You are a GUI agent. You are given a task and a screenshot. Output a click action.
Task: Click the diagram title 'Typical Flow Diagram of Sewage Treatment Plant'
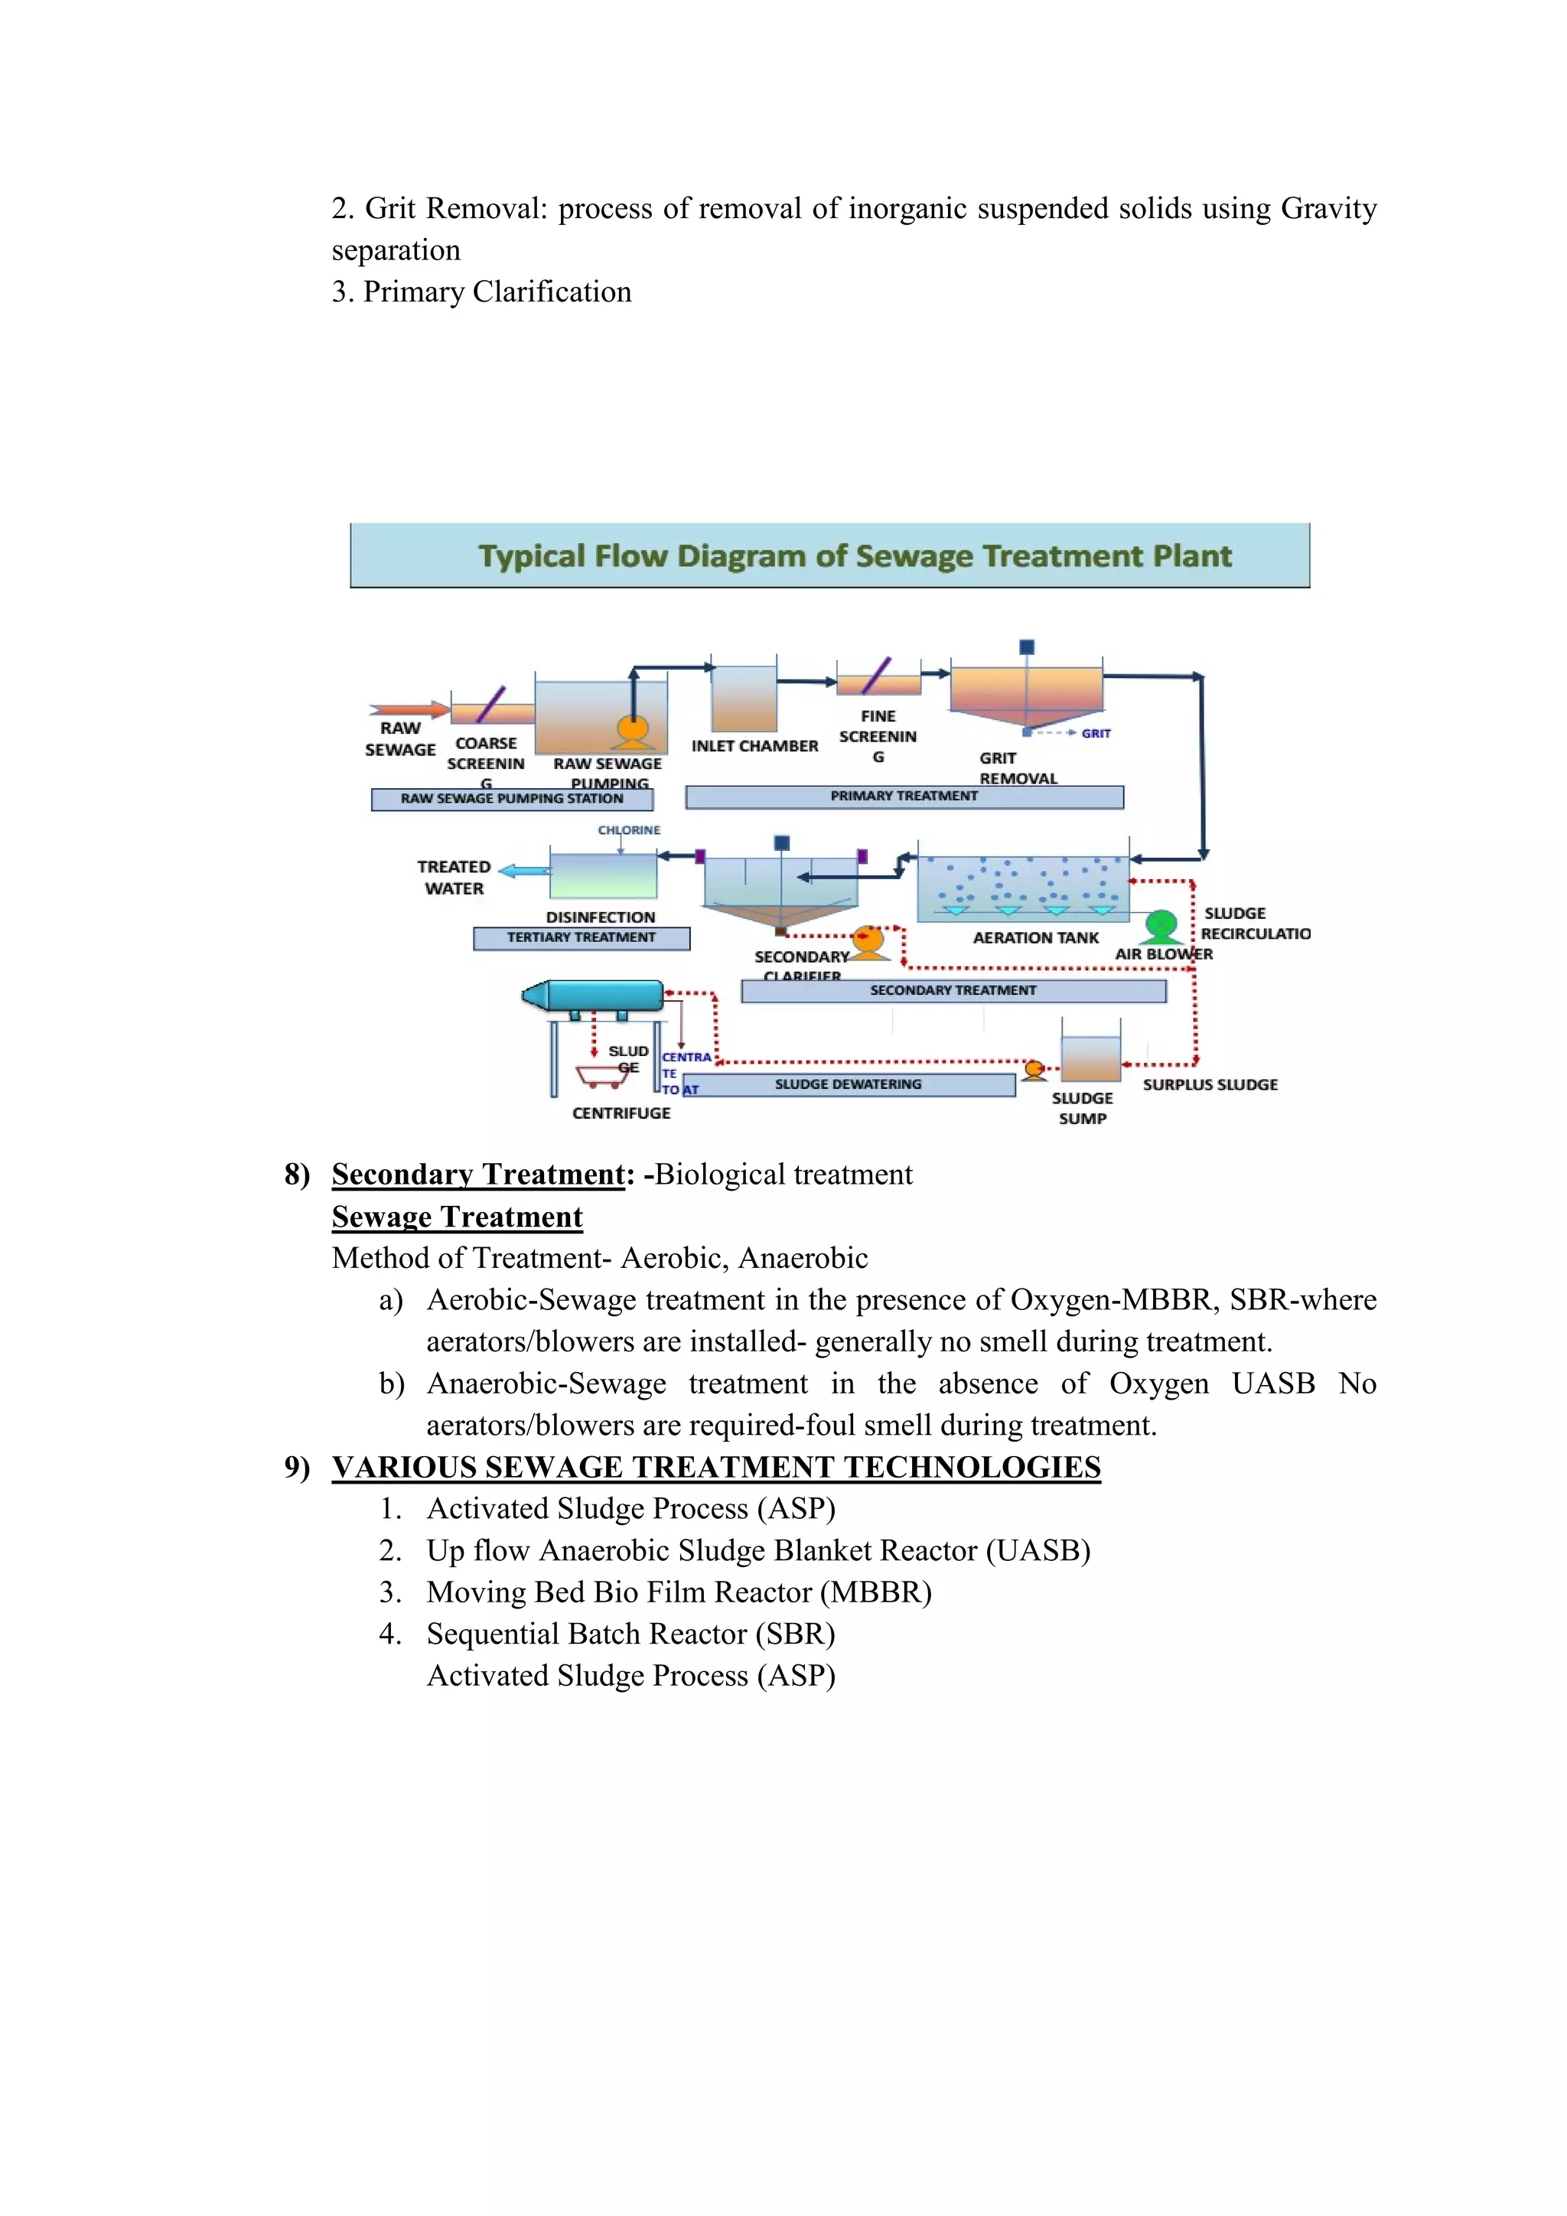855,556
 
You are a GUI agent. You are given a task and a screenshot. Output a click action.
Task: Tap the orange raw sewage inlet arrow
411,710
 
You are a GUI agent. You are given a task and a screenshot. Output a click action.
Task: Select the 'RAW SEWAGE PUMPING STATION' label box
513,799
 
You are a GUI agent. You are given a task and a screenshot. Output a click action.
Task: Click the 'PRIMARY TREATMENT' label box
904,797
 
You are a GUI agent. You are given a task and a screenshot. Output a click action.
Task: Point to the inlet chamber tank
744,699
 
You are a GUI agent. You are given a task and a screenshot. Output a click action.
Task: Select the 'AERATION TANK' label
1035,937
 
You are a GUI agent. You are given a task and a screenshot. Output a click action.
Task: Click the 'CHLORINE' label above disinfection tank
629,830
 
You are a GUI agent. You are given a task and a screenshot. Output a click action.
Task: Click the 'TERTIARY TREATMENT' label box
581,937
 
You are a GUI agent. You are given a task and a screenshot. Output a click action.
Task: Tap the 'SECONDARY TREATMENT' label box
953,990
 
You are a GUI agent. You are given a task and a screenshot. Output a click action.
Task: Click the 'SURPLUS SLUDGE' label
1210,1085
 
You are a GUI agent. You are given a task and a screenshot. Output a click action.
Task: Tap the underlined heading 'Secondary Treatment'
478,1175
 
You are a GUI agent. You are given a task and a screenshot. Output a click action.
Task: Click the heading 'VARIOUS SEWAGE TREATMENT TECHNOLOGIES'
716,1467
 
